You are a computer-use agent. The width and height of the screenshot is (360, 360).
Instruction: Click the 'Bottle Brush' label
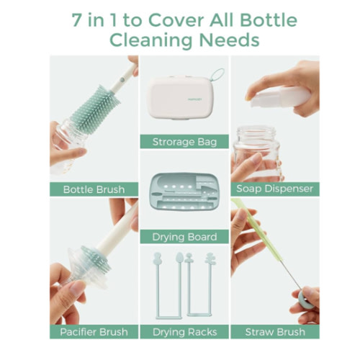point(94,189)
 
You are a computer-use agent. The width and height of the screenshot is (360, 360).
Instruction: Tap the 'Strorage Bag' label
point(184,141)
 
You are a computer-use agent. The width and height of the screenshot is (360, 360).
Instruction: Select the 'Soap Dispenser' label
point(274,189)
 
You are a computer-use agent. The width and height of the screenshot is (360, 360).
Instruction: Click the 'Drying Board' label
point(184,237)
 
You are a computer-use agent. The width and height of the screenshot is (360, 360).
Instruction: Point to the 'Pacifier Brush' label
point(94,332)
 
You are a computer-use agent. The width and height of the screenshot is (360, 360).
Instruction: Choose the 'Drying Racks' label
point(184,332)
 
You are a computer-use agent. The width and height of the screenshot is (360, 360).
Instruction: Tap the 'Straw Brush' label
point(274,332)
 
